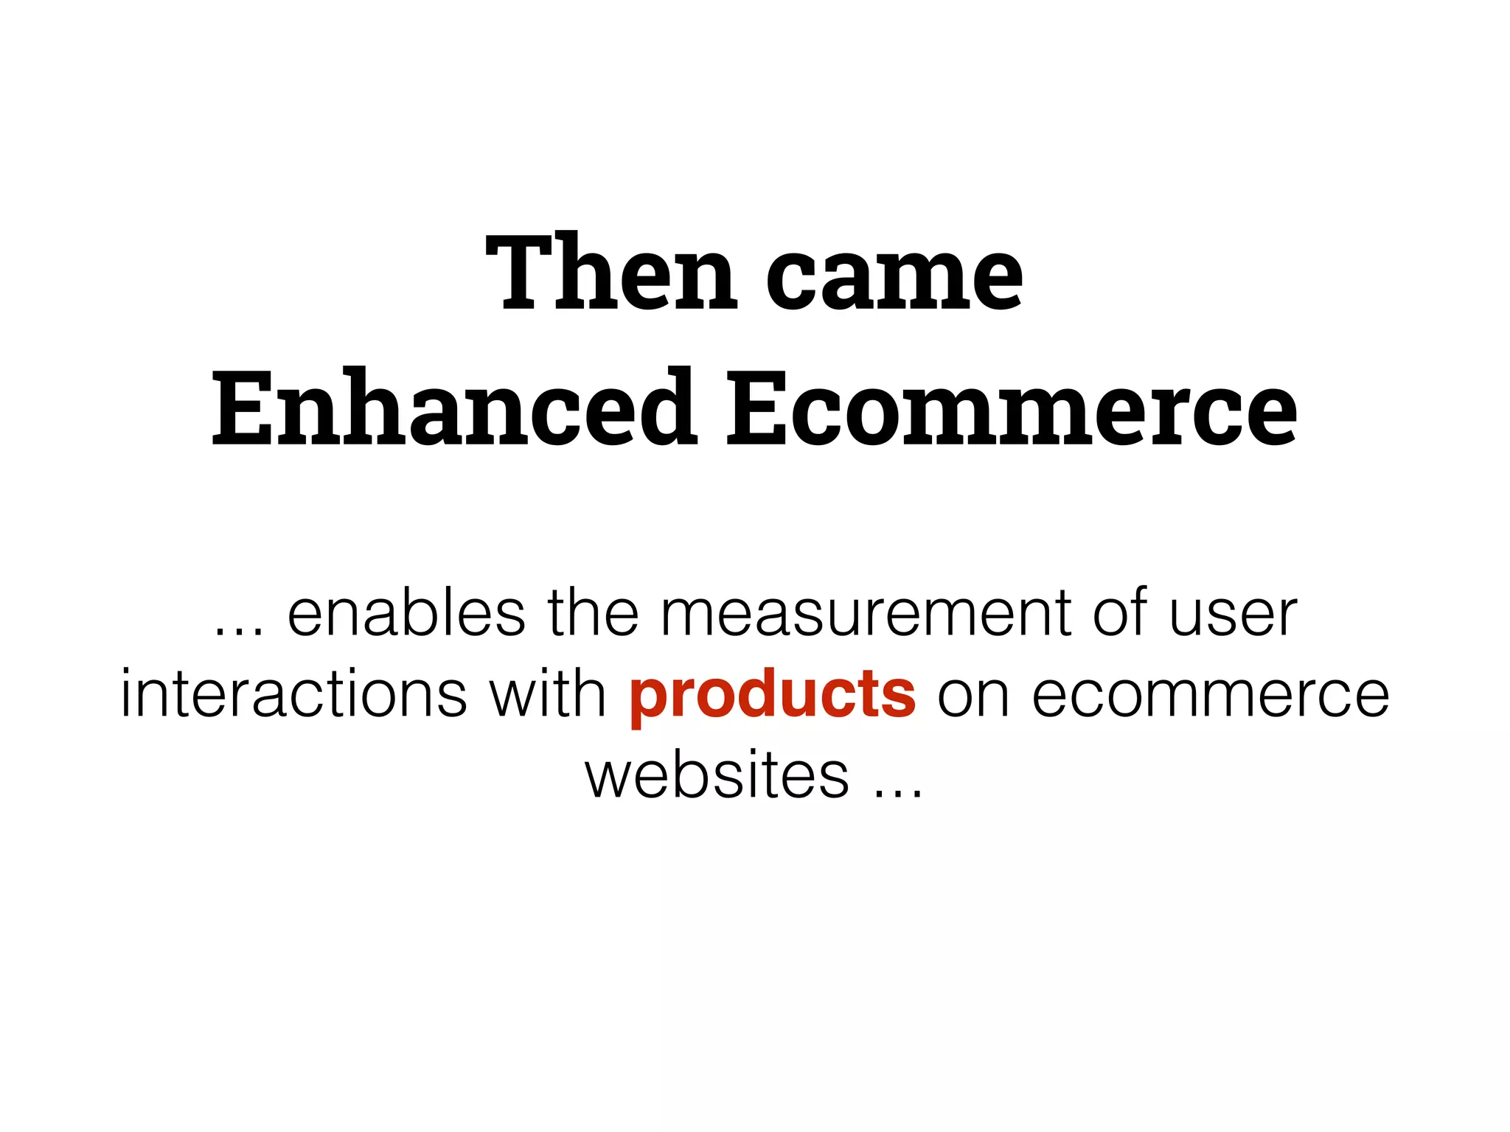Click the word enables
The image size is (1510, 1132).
[406, 613]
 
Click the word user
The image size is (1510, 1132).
[1233, 615]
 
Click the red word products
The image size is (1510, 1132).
[773, 696]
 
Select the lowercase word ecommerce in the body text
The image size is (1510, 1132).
[1210, 696]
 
